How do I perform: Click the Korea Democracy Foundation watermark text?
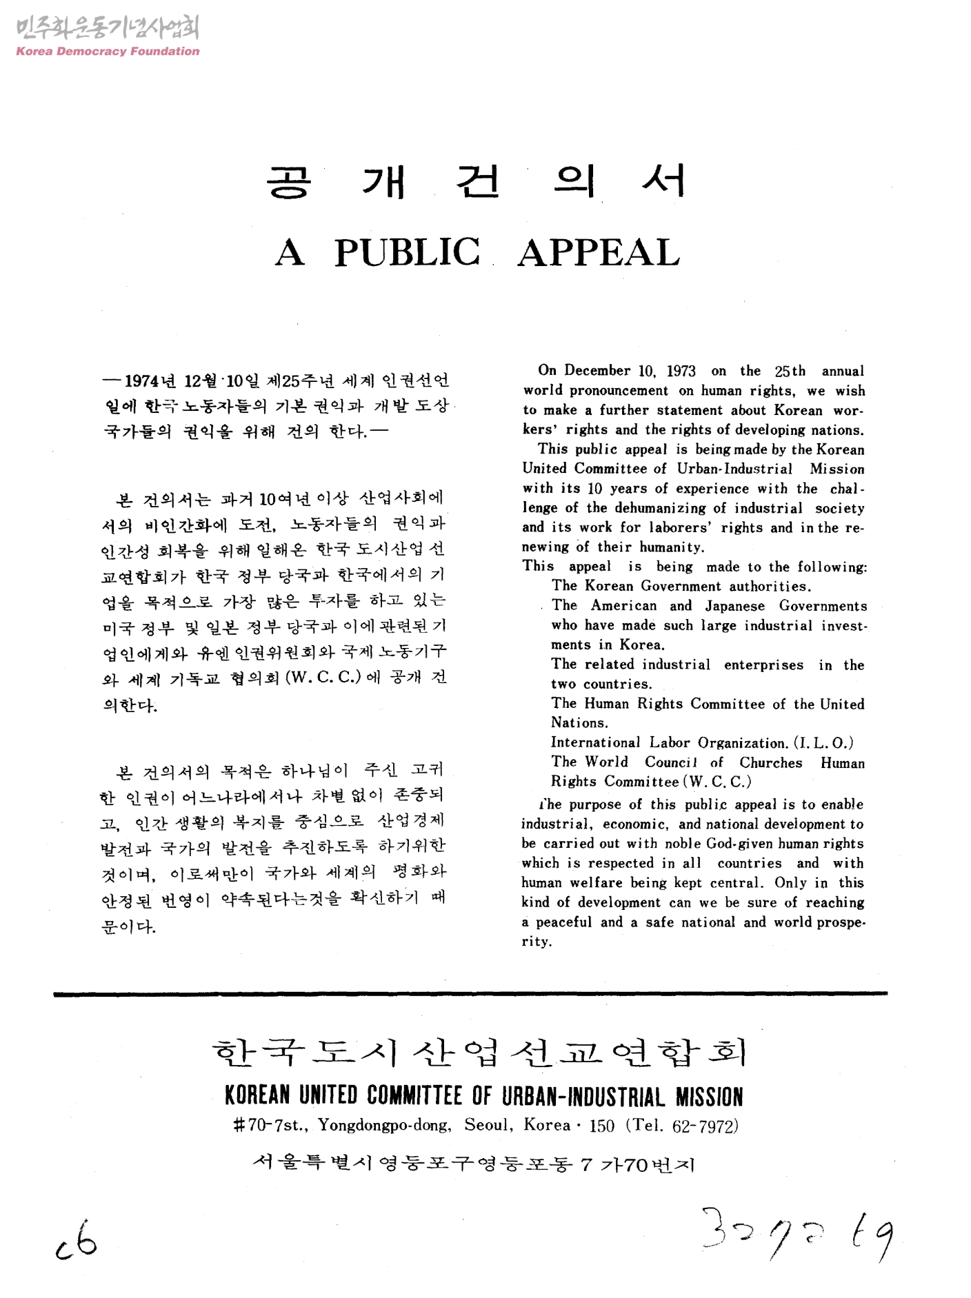click(108, 51)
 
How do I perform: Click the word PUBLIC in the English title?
click(408, 252)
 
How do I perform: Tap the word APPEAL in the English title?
click(599, 252)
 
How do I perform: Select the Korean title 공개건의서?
click(476, 182)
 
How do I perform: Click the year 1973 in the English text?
click(681, 372)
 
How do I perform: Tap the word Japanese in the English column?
click(734, 607)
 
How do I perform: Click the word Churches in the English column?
click(771, 763)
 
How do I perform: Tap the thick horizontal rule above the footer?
click(470, 993)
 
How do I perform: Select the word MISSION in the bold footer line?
click(709, 1097)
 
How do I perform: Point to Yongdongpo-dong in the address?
click(384, 1126)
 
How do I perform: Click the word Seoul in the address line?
click(488, 1126)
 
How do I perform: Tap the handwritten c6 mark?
click(77, 1241)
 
